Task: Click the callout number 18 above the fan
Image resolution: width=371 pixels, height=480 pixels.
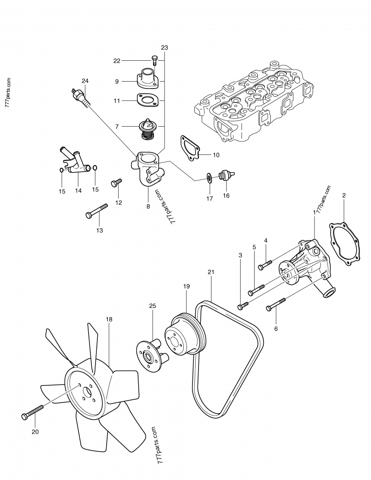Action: pos(109,320)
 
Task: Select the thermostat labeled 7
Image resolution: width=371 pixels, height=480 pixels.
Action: pos(147,127)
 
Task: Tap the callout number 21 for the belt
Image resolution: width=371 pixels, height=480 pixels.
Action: pos(211,272)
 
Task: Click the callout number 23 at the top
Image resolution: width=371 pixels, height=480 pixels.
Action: pos(165,48)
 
